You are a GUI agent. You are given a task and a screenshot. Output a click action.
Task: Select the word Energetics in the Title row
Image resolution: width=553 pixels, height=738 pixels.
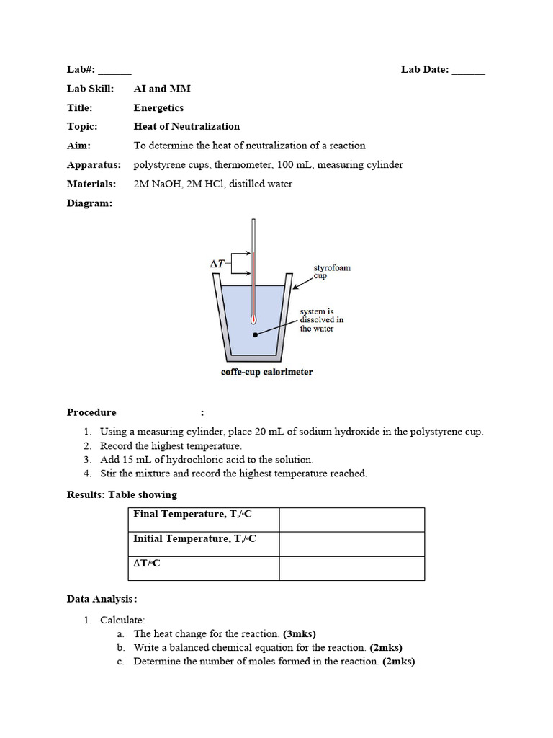pos(158,108)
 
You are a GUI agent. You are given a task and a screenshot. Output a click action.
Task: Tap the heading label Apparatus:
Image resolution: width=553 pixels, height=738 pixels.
pos(94,164)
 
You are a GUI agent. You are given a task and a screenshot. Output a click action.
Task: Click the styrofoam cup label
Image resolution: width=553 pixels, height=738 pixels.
pos(331,272)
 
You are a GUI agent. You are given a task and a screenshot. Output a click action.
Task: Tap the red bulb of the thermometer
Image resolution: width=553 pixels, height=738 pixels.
pos(253,317)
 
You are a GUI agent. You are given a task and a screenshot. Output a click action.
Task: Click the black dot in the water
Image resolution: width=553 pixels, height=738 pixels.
pos(253,334)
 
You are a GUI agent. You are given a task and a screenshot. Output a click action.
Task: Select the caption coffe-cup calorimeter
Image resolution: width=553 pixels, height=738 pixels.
pos(266,373)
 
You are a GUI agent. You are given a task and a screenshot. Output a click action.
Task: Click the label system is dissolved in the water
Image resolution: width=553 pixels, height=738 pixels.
pos(321,320)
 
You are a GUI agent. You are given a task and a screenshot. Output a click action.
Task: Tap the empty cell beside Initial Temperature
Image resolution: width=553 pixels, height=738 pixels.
pos(351,544)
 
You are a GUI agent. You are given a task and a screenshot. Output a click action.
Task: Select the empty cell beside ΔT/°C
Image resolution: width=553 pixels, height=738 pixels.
pos(351,569)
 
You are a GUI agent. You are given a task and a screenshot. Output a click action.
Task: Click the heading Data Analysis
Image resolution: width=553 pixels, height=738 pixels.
pos(100,599)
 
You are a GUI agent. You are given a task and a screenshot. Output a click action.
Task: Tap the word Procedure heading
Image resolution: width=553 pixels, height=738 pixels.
pos(91,413)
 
